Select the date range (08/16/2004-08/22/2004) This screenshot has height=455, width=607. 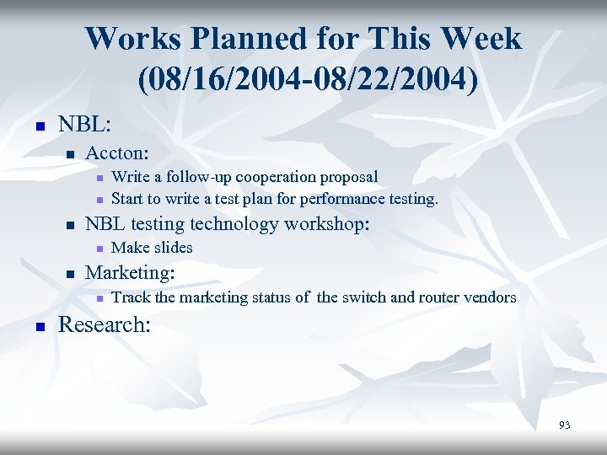point(303,79)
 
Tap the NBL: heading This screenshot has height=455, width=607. point(83,123)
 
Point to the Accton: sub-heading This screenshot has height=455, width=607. point(118,153)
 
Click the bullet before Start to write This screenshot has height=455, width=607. point(99,201)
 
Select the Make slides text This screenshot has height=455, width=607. point(152,248)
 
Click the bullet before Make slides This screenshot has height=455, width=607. point(99,249)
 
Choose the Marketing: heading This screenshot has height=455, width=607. point(131,273)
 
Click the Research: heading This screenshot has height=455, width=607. point(105,324)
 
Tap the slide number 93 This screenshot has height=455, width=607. point(564,426)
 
